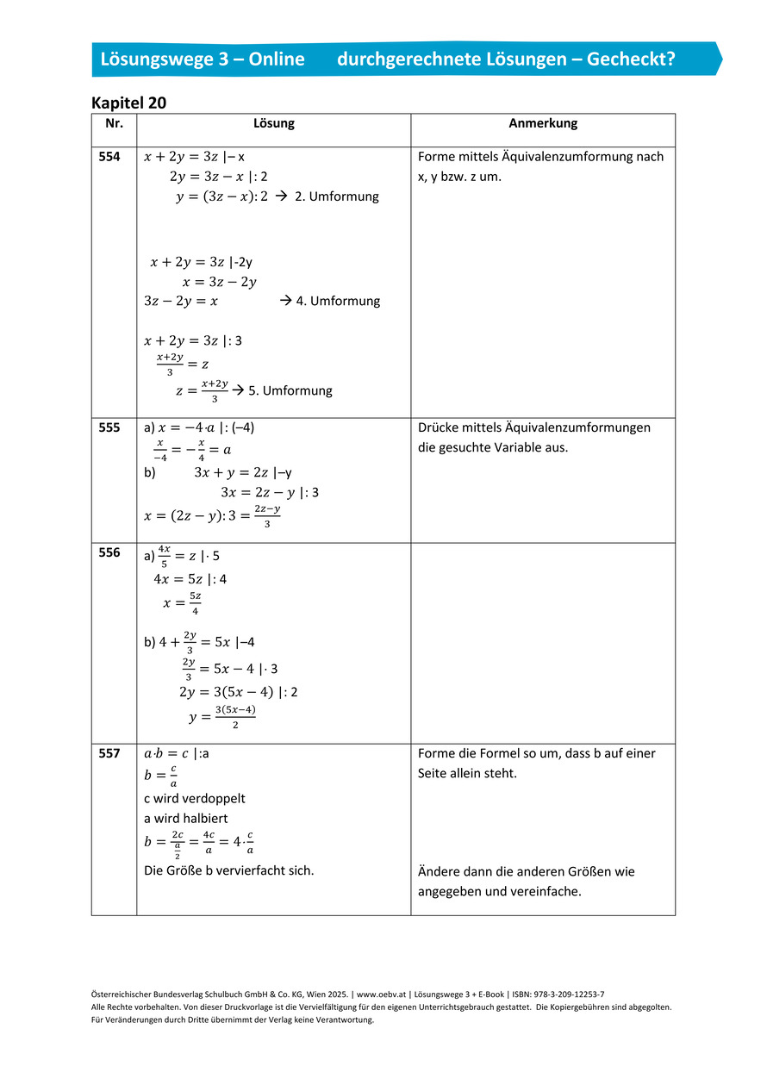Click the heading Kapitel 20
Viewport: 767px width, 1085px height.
pos(128,103)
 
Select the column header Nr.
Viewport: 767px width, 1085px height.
pos(114,123)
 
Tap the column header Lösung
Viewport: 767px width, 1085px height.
pos(273,123)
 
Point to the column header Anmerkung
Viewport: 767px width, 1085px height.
pos(543,123)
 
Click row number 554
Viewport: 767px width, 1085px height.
pos(109,157)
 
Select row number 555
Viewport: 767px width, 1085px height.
pos(109,427)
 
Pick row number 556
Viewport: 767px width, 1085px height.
pos(109,553)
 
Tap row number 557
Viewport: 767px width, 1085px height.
pos(109,753)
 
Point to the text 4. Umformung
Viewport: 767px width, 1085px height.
pos(338,301)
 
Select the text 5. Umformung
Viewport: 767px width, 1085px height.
pos(290,390)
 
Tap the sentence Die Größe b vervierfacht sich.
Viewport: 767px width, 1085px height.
pos(228,870)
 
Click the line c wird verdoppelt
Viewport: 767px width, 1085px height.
pos(194,798)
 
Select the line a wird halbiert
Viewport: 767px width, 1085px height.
pos(185,818)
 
